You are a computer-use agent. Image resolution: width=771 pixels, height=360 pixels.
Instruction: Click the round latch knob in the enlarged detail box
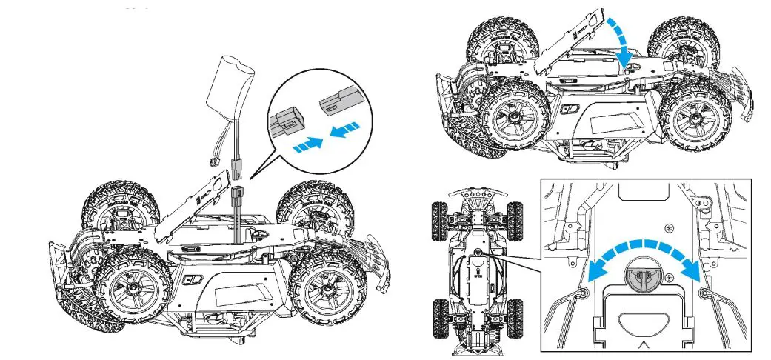click(x=641, y=277)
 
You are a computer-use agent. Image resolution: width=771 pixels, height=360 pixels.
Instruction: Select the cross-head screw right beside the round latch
click(x=669, y=277)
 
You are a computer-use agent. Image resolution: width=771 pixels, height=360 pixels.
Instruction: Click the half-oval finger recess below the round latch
click(x=641, y=323)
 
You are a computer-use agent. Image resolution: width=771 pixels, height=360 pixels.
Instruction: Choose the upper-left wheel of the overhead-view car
click(x=440, y=217)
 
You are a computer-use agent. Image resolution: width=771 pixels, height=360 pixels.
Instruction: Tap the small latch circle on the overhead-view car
click(x=479, y=253)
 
